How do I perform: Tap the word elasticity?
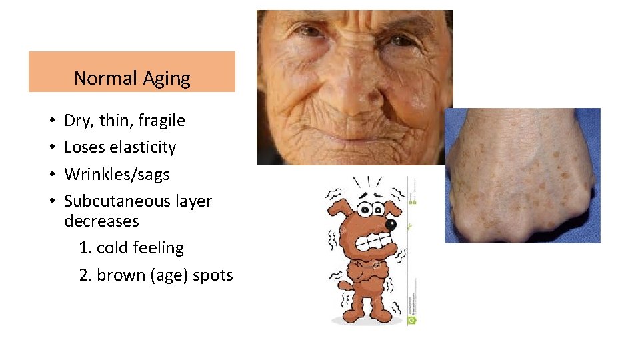[143, 147]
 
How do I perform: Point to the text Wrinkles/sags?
[117, 175]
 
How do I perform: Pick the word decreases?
[101, 221]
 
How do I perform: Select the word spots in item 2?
[213, 275]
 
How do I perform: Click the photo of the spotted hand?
[522, 175]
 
